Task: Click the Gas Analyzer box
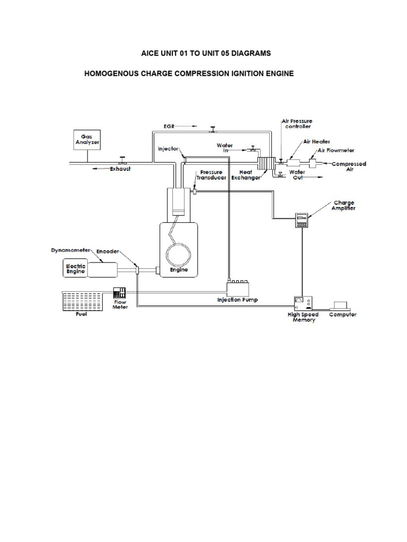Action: pos(86,140)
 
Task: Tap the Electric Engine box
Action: pos(74,267)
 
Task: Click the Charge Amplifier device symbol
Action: pos(302,220)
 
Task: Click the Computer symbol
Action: pos(340,305)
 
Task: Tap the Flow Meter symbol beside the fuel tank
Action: pos(119,292)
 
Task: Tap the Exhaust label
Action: pos(120,169)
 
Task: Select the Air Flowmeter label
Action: pos(336,151)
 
